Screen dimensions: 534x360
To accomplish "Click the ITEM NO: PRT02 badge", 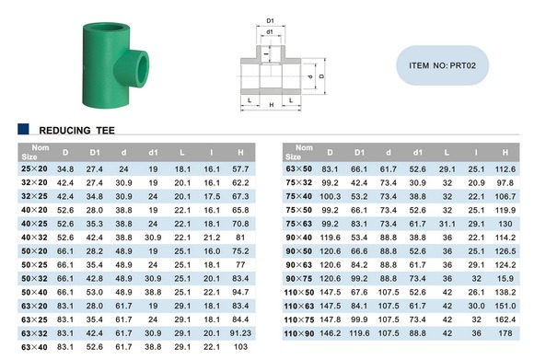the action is point(442,65).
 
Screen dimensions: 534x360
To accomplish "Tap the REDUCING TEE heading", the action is point(77,131).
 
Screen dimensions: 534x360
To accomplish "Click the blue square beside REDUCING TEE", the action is point(23,129).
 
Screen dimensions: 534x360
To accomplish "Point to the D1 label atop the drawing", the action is point(270,21).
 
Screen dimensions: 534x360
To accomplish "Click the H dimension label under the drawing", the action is point(272,105).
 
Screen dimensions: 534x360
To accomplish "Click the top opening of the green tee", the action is point(107,28).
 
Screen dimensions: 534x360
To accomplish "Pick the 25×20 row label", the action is point(34,168).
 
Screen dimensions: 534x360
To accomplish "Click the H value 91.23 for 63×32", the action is point(240,333).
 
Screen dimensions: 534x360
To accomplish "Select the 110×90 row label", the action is point(299,333).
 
